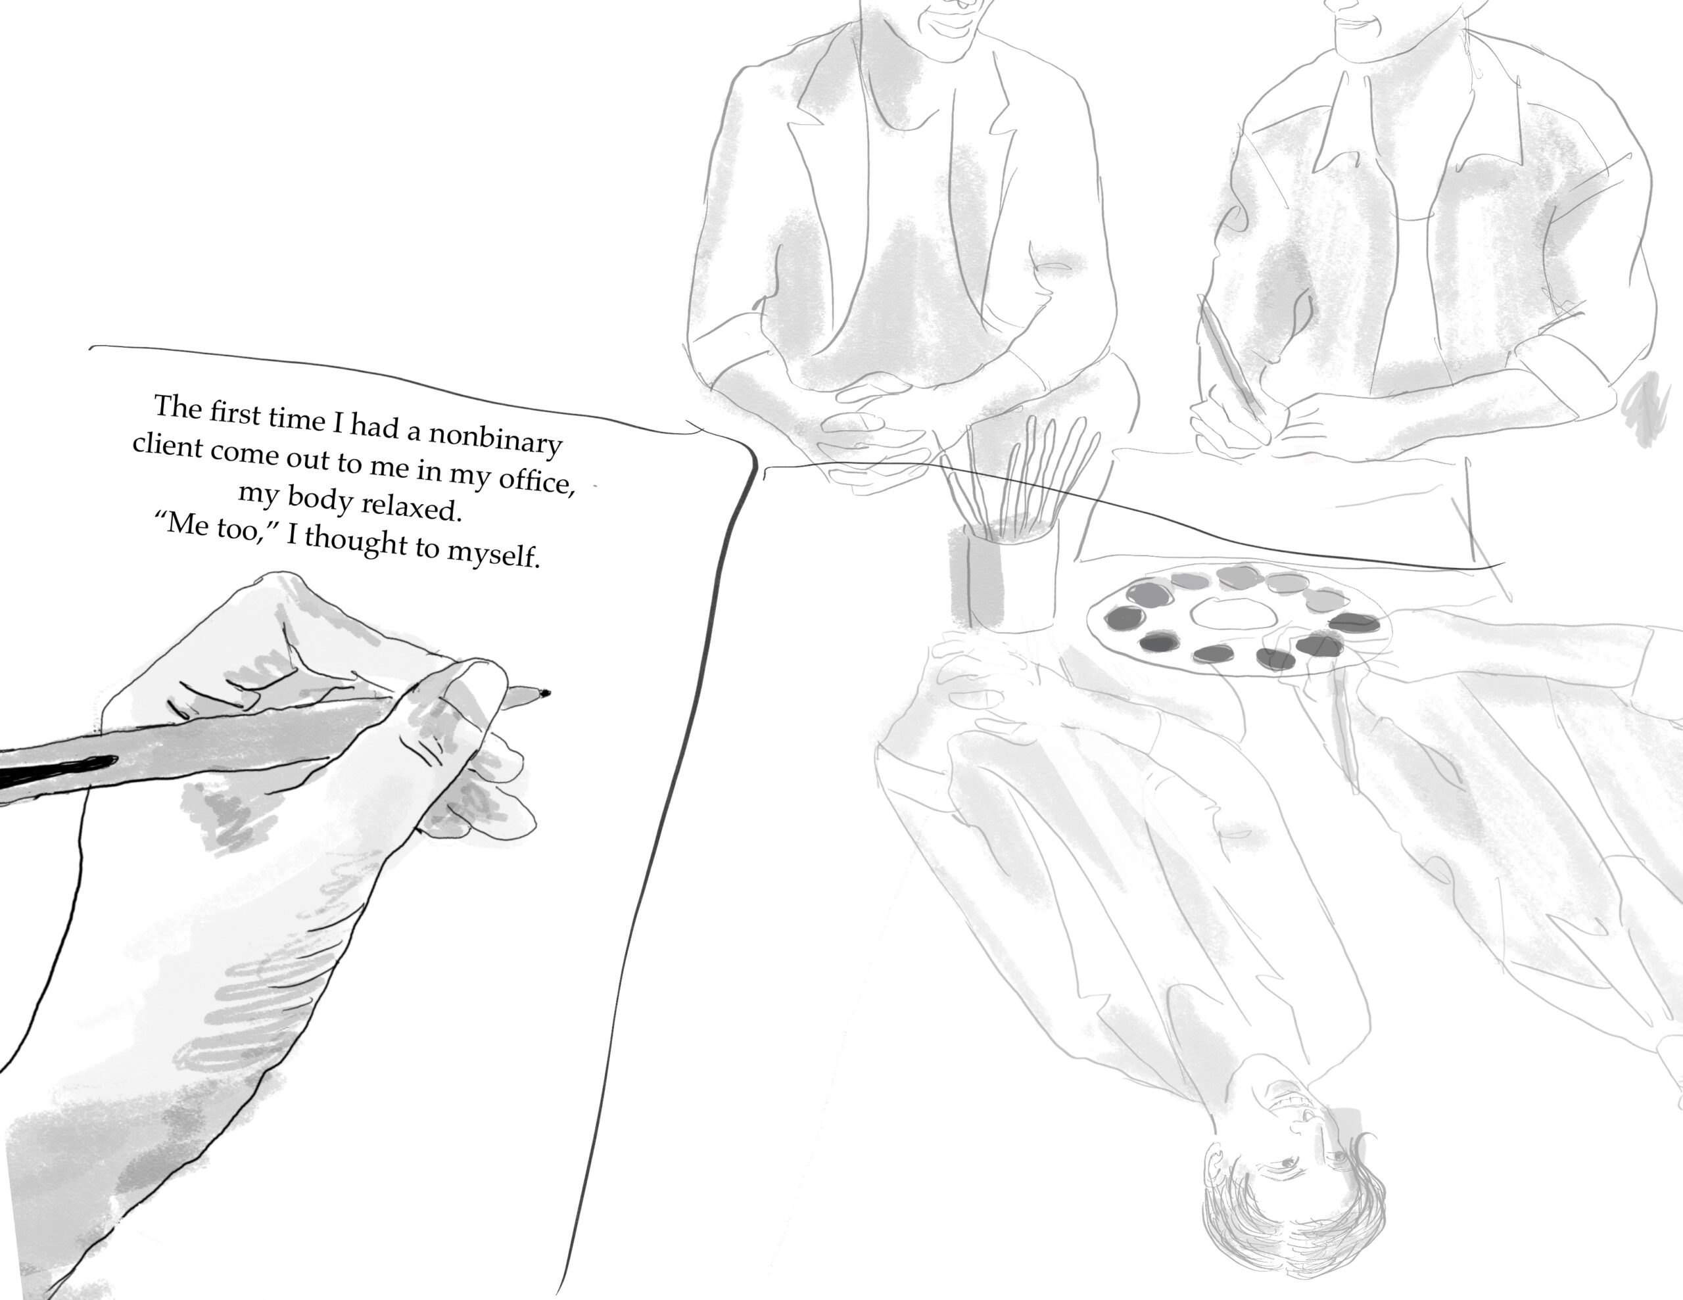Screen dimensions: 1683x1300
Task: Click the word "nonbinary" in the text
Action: [x=495, y=439]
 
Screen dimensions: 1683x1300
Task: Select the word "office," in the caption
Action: [x=536, y=481]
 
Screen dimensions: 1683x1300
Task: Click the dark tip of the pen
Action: [x=545, y=693]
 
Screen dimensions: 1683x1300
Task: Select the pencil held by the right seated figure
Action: [x=1231, y=362]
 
